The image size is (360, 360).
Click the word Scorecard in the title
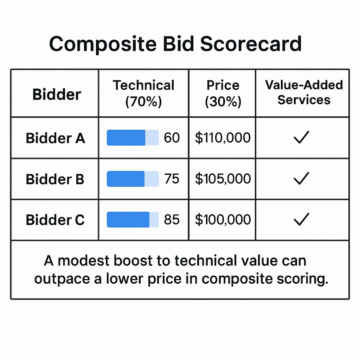point(251,44)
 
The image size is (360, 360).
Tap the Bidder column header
point(57,94)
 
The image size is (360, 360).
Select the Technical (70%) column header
point(143,93)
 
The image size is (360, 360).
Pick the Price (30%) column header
point(223,93)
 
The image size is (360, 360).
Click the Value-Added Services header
point(304,92)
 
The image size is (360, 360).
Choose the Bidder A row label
point(55,138)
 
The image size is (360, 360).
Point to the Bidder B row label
point(55,179)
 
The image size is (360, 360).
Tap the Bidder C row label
point(55,220)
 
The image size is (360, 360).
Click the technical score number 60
point(172,138)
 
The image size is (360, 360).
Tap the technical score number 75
point(172,179)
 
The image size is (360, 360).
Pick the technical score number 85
point(172,219)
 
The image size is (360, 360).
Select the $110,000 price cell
point(223,138)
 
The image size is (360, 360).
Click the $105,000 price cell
point(223,179)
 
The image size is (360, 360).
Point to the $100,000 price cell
point(223,219)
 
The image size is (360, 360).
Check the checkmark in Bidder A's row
point(301,137)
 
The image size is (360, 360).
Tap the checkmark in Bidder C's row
point(301,219)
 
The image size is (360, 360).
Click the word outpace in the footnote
point(62,279)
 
